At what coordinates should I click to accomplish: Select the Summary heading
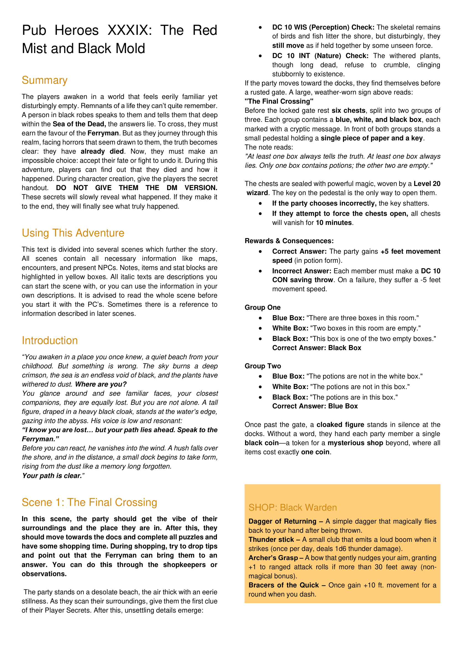44,80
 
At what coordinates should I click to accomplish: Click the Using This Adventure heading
73,233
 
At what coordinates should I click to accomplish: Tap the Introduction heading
49,341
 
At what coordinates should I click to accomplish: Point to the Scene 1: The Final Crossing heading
89,503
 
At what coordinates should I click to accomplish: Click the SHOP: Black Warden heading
292,508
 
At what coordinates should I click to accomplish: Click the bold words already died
102,151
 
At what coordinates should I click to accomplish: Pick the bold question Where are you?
101,384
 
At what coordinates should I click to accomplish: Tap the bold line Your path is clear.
52,476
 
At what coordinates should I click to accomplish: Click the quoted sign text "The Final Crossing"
279,101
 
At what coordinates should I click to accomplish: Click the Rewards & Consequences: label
289,241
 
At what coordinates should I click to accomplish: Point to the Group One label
262,308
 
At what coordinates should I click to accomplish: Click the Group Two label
262,366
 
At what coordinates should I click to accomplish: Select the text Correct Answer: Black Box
316,348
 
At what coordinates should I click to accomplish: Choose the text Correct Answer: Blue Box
315,406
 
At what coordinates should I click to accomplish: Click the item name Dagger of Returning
282,521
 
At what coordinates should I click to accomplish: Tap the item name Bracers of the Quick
283,585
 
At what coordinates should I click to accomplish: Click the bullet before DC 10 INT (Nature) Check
260,56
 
